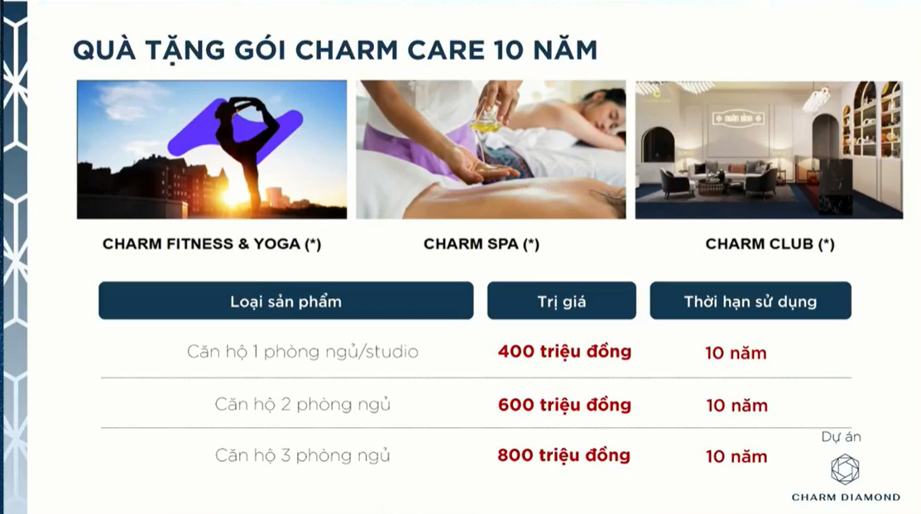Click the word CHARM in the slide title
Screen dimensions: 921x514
tap(346, 50)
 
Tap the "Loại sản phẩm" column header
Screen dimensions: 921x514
tap(286, 300)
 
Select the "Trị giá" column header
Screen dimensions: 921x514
tap(562, 300)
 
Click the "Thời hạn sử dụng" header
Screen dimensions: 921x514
tap(750, 300)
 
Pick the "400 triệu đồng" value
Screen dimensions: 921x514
tap(564, 351)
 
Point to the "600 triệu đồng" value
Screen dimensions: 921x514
tap(564, 405)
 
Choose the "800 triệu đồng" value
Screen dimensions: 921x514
tap(564, 455)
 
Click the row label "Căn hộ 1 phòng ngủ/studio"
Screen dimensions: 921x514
tap(303, 352)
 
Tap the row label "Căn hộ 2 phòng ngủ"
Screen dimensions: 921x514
tap(303, 404)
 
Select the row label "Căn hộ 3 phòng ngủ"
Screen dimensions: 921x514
tap(303, 455)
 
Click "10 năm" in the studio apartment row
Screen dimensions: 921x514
tap(736, 353)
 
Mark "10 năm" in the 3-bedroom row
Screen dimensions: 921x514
tap(736, 456)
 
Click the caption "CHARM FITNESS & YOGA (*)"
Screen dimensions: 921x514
tap(212, 244)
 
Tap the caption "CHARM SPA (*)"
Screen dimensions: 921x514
tap(481, 244)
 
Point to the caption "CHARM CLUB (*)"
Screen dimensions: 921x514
tap(770, 244)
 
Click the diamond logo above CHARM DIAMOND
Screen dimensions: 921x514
tap(845, 469)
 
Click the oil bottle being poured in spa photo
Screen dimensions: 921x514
tap(485, 120)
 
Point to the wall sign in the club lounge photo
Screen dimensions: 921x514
tap(738, 118)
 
